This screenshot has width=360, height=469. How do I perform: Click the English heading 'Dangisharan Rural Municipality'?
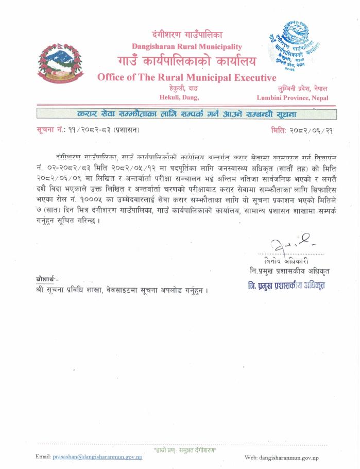187,47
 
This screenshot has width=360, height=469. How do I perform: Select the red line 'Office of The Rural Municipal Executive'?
187,78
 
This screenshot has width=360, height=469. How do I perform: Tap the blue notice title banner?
186,113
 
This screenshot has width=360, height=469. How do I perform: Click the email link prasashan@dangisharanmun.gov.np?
98,457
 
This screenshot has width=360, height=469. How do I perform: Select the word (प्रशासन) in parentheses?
126,130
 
